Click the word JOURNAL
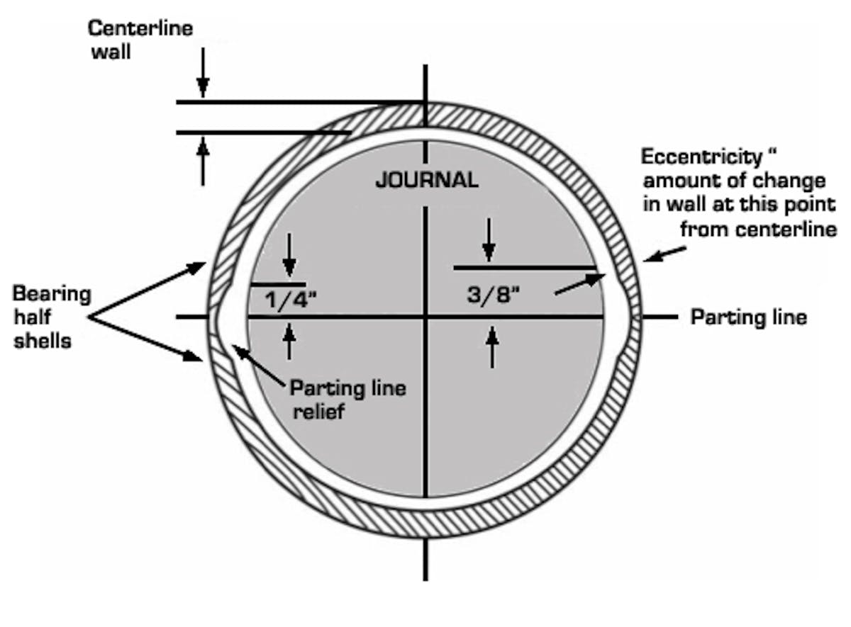(426, 180)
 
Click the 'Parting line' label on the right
(749, 317)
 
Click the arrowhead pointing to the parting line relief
(238, 349)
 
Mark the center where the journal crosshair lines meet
(425, 317)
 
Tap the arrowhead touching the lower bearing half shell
(199, 358)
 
